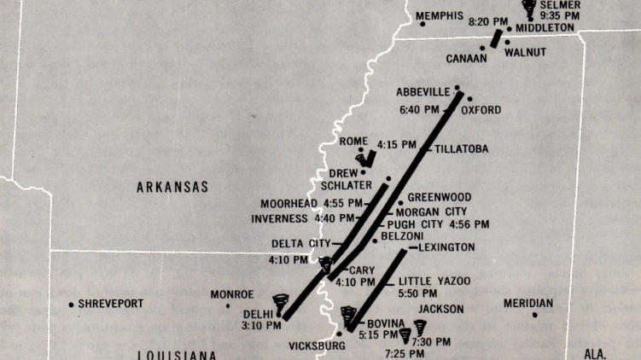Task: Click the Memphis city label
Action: tap(440, 16)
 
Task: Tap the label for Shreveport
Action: tap(111, 304)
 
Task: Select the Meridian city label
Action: tap(528, 303)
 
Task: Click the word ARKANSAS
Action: tap(172, 187)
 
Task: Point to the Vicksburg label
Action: tap(318, 345)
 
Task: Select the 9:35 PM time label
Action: tap(560, 15)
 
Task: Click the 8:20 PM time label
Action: tap(487, 21)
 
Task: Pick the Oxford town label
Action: tap(481, 110)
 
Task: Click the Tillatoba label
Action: tap(462, 148)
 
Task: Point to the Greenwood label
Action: tap(439, 197)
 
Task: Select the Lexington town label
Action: tap(446, 247)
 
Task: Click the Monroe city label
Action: tap(232, 294)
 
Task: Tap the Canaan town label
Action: tap(466, 59)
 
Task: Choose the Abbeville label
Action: tap(422, 91)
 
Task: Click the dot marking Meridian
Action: tap(535, 316)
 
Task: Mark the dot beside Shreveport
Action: tap(71, 305)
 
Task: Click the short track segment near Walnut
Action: tap(495, 39)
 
